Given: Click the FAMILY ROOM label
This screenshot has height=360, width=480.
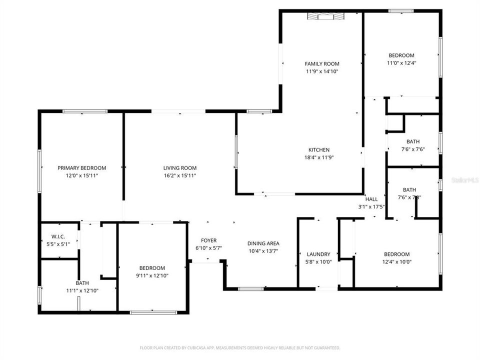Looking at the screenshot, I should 322,63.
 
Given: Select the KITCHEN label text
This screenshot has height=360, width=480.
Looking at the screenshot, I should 318,150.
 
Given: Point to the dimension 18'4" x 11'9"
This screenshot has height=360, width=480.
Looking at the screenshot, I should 318,157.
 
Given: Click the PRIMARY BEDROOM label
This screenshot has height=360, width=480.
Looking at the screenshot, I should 81,168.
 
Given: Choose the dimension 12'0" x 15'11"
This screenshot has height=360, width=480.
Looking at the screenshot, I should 81,175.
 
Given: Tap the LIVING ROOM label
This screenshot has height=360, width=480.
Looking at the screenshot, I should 179,168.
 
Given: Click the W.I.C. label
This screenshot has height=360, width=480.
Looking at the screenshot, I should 58,236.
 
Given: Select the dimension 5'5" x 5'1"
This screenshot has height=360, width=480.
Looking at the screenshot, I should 58,243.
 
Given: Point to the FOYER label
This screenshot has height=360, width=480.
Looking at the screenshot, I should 208,240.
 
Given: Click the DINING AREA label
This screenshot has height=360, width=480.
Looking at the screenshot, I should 263,243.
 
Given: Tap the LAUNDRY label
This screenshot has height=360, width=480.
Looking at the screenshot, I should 318,254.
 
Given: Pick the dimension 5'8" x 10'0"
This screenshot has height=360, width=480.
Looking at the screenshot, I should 318,261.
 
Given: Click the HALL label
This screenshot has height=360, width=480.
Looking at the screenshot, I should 371,199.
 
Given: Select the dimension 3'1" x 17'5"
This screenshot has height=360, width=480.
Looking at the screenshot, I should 371,206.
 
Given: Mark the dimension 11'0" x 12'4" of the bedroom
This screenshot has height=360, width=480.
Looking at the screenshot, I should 401,63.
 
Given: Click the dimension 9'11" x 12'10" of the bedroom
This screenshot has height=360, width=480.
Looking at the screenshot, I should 152,275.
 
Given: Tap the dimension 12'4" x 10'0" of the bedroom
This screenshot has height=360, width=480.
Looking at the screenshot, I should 396,261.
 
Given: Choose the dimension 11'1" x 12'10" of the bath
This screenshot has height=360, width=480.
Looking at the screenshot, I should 78,290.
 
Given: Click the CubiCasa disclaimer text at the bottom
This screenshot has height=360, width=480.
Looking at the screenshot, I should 240,347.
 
